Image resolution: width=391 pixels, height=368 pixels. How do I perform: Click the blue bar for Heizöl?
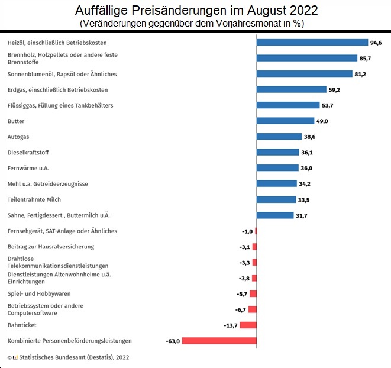pos(312,43)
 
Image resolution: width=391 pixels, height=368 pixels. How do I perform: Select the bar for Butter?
pos(286,121)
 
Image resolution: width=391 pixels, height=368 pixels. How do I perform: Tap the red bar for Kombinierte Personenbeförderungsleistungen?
pos(219,341)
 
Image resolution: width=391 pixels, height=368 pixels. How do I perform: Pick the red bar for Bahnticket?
pos(248,325)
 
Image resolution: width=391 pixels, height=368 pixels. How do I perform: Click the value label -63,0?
pos(173,341)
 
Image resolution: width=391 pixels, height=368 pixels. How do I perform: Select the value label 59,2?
pos(334,90)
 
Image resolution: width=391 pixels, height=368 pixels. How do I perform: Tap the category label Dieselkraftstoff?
pos(28,152)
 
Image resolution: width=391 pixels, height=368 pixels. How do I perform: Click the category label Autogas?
pos(18,137)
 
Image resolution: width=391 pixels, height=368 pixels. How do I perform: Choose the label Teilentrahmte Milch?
pos(34,199)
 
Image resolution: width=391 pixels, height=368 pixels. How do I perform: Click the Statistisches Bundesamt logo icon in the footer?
pos(15,357)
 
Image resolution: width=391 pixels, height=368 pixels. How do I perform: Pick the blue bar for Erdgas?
pos(292,90)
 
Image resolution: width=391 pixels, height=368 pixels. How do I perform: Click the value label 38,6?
pos(310,137)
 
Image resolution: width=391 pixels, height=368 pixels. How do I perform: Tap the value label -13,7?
pos(230,325)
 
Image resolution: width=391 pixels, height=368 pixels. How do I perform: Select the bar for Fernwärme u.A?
pos(278,168)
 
